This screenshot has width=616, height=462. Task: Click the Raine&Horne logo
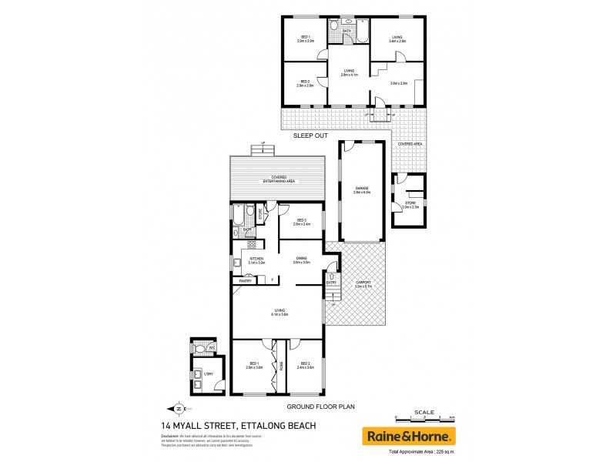pyautogui.click(x=409, y=436)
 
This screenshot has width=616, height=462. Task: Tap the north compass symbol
pyautogui.click(x=179, y=409)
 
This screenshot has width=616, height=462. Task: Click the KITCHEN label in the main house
pyautogui.click(x=256, y=259)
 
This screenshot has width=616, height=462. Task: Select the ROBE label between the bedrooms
pyautogui.click(x=282, y=366)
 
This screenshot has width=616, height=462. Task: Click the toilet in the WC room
pyautogui.click(x=200, y=349)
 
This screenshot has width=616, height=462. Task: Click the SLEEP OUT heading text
pyautogui.click(x=311, y=136)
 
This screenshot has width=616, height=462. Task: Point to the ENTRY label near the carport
pyautogui.click(x=332, y=283)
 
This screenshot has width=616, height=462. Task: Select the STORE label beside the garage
pyautogui.click(x=410, y=203)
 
